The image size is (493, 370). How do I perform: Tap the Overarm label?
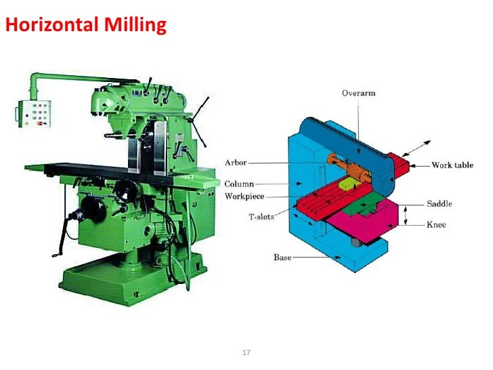point(358,94)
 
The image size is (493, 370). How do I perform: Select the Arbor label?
point(236,163)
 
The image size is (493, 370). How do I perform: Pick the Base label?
point(282,258)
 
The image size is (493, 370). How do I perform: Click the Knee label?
point(436,224)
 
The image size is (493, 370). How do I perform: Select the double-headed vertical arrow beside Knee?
point(405,216)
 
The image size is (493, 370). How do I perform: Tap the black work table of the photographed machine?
point(95,166)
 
